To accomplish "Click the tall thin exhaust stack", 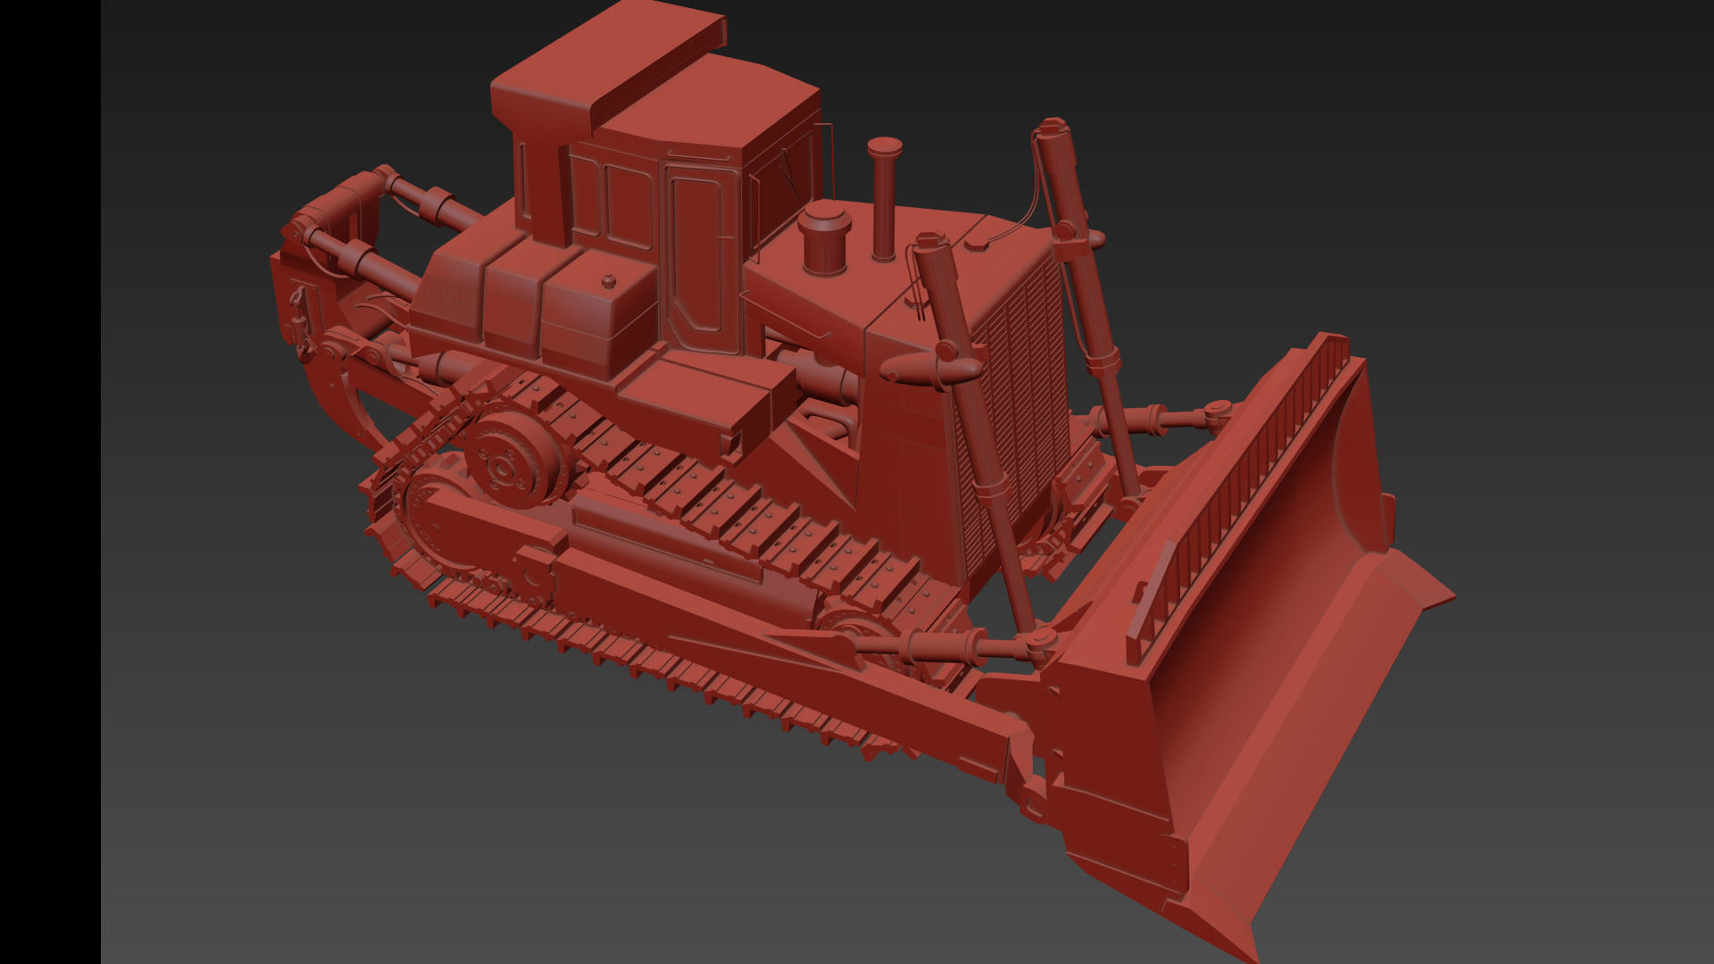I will point(884,201).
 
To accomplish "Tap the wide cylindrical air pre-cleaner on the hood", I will point(825,238).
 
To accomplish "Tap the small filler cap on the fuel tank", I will point(608,282).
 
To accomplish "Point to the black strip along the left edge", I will point(50,482).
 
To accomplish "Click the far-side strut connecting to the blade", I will point(1161,418).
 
